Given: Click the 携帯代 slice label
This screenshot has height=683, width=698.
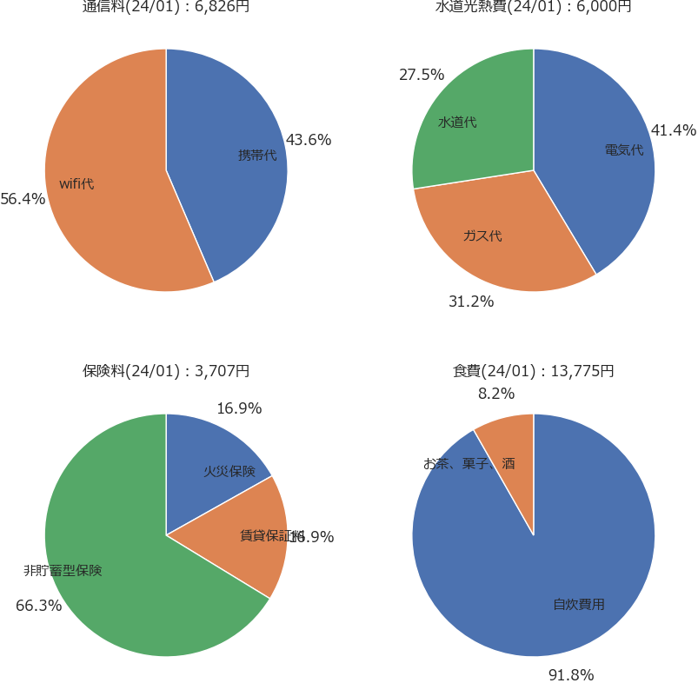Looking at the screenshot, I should click(x=257, y=156).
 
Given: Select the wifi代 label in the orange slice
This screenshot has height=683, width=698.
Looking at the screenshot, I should click(x=76, y=183).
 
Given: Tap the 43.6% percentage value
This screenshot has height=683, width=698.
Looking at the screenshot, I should click(x=309, y=140).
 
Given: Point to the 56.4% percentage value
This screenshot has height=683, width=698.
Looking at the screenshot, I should click(x=23, y=199).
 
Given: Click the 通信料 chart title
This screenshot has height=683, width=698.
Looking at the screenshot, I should click(x=166, y=7).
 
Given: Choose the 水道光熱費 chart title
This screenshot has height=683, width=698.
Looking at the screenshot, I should click(x=534, y=7).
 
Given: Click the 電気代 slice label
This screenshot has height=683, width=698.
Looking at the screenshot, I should click(x=624, y=149).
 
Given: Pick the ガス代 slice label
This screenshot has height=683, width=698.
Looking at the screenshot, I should click(x=482, y=235).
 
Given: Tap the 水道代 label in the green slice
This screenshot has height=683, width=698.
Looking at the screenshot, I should click(x=457, y=123).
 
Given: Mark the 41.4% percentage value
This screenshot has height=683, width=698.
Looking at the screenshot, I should click(x=674, y=131).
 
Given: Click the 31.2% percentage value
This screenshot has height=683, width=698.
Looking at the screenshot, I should click(x=471, y=302).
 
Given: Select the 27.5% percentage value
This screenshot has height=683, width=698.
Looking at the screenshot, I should click(x=422, y=75).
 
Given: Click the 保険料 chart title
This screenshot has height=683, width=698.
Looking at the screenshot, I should click(x=166, y=371).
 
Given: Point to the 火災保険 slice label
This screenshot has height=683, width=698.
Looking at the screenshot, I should click(x=229, y=471).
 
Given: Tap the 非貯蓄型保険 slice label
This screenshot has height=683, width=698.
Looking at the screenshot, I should click(x=63, y=571).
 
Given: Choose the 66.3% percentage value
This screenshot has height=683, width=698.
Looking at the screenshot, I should click(x=39, y=606).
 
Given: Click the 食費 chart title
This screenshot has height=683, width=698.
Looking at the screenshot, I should click(x=534, y=371).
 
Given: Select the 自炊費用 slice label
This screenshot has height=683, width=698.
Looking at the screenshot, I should click(x=579, y=604).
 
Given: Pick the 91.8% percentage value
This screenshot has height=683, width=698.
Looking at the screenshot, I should click(x=570, y=675).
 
